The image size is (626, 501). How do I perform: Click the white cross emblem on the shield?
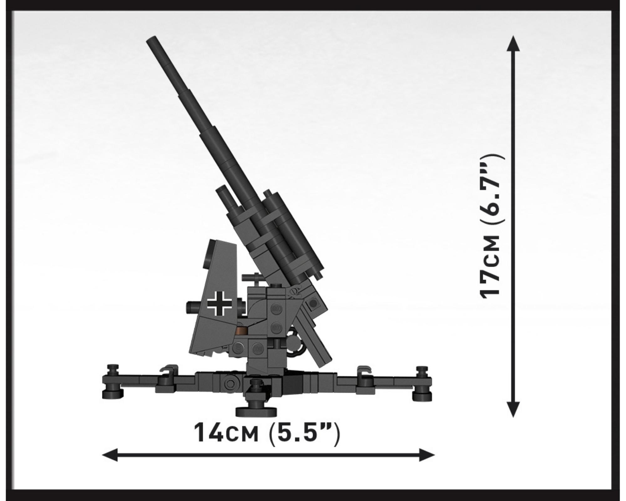(220, 303)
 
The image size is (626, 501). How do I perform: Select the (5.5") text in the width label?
(304, 433)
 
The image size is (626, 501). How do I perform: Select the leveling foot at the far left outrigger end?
(112, 382)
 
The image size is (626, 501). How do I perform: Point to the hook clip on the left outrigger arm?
(168, 370)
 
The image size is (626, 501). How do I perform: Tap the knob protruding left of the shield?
(193, 307)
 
